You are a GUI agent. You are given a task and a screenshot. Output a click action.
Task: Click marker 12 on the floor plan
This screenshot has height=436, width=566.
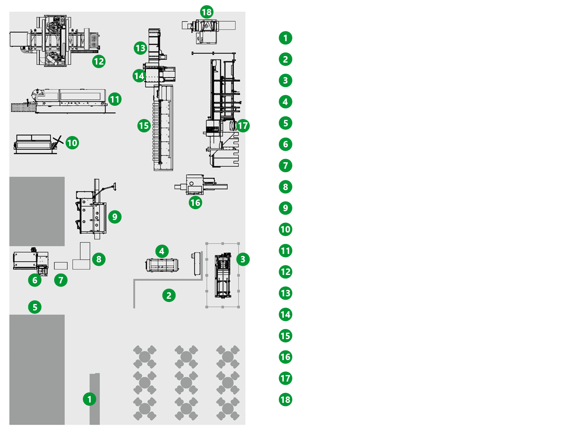[x=99, y=61]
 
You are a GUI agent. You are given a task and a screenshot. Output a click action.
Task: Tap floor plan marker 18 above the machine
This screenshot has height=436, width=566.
[x=207, y=12]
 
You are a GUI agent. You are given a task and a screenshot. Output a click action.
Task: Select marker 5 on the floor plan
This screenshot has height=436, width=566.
[x=35, y=307]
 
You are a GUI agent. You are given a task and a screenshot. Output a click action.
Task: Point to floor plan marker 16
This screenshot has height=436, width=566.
[x=195, y=202]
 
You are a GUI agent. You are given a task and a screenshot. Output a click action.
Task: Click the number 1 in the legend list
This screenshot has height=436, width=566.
[x=285, y=38]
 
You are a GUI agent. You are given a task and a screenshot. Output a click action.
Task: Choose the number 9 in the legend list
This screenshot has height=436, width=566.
[x=285, y=208]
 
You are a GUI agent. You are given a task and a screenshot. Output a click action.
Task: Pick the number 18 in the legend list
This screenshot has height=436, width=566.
[x=285, y=400]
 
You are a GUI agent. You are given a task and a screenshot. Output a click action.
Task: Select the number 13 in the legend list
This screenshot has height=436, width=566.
[x=285, y=293]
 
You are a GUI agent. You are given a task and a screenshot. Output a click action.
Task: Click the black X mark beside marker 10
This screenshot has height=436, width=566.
[x=58, y=141]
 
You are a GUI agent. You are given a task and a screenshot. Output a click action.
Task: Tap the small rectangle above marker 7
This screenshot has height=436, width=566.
[x=61, y=266]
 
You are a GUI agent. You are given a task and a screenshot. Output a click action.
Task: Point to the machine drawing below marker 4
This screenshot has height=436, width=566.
[x=162, y=265]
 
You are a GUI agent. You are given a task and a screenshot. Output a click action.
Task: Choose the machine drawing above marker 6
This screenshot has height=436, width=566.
[x=30, y=261]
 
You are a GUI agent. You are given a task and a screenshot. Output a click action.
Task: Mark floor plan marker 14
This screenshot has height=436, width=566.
[x=139, y=75]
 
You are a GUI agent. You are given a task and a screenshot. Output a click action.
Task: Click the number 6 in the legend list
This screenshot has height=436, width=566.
[x=285, y=144]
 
